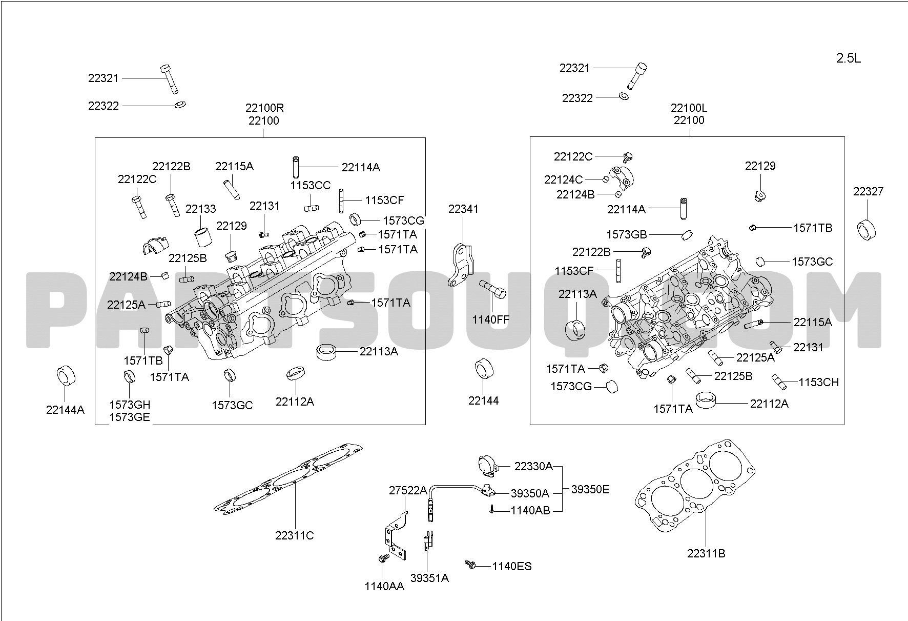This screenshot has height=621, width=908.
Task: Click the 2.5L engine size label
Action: coord(849,58)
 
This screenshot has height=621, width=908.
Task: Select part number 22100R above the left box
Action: coord(264,108)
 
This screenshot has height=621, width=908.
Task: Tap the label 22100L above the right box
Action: coord(689,108)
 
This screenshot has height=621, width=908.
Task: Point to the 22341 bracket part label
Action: coord(463,209)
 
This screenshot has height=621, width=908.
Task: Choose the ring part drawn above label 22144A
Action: coord(65,376)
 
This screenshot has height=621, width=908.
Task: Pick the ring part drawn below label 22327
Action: coord(867,229)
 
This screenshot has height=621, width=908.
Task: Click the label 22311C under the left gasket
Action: coord(295,535)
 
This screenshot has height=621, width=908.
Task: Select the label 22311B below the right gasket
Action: coord(706,554)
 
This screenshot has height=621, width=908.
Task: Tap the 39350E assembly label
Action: coord(590,489)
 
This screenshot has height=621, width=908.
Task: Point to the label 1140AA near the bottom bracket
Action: coord(384,586)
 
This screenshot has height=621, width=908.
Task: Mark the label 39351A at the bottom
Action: coord(429,578)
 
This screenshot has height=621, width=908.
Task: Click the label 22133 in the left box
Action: coord(201,209)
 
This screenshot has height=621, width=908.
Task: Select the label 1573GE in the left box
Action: coord(130,417)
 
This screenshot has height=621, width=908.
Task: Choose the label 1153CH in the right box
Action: coord(819,382)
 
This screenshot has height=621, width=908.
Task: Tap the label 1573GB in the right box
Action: coord(627,234)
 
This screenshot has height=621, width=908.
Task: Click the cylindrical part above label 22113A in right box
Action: coord(575,330)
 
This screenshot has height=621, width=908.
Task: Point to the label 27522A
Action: coord(408,490)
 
